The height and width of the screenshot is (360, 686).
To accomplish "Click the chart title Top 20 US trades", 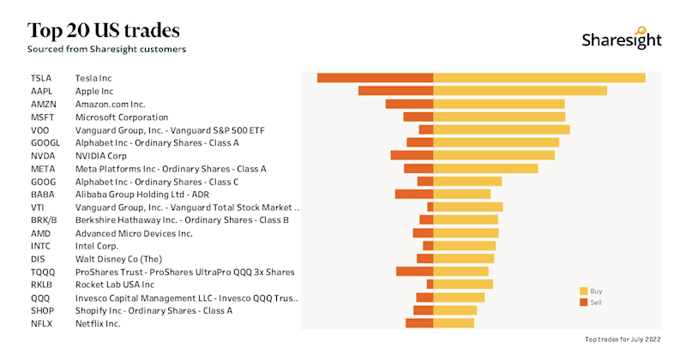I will pos(104,31).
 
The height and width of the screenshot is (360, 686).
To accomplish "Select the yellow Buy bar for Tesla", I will pos(539,78).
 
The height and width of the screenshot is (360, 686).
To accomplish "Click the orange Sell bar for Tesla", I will pos(376,78).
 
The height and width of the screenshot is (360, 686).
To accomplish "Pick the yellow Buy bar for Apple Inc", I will pos(521,91).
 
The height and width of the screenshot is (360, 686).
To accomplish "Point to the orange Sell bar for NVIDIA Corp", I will pos(412,156).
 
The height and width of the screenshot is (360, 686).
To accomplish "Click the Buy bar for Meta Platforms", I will pos(486,169).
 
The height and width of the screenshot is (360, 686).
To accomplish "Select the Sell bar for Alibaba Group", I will pos(414,195).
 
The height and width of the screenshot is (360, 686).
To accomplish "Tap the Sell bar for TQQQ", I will pos(415,272).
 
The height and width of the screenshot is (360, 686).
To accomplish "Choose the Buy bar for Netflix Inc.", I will pos(454,323).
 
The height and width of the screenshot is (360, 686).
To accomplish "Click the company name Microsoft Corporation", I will pos(122,117).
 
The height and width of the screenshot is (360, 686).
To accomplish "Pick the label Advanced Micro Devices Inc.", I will pos(134,233).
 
